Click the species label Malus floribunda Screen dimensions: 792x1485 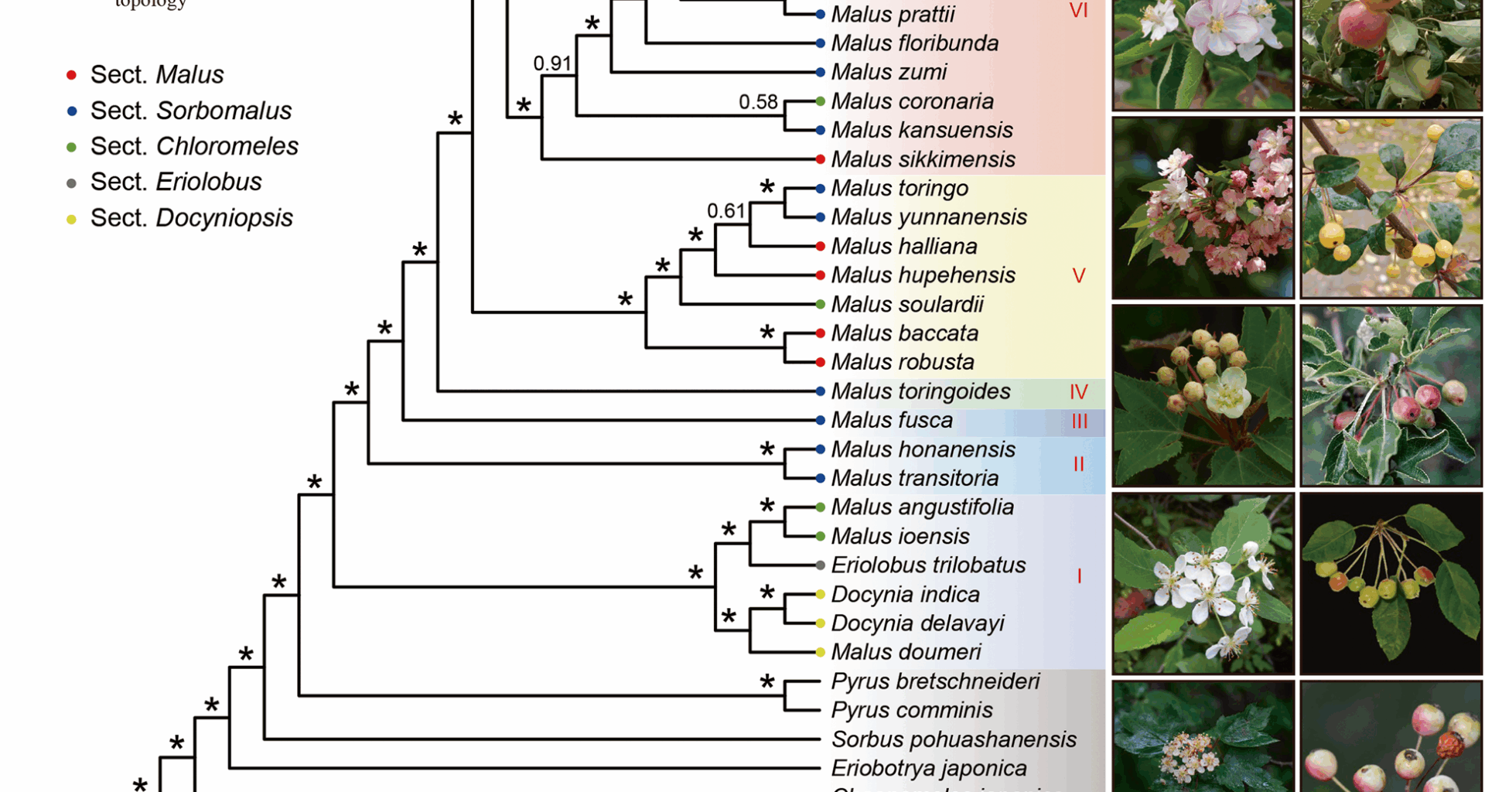914,43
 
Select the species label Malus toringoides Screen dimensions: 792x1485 920,391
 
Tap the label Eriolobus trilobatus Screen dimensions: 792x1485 928,565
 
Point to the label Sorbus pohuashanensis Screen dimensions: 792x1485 954,739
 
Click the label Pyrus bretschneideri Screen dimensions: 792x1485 935,681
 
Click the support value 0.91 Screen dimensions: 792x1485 552,63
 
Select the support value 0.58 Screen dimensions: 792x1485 758,102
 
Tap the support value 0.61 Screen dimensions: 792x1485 726,210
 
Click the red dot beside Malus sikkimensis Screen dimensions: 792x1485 821,159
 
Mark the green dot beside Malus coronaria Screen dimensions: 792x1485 821,101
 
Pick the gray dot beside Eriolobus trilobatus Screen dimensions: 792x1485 821,565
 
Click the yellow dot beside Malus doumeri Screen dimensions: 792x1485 821,652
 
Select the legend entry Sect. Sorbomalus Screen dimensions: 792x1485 190,111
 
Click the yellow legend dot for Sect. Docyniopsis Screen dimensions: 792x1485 72,219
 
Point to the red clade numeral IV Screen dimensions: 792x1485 1079,392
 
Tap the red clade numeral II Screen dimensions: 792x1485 1079,464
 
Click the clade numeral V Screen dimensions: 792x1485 1079,276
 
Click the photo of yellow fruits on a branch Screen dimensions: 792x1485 1391,208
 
